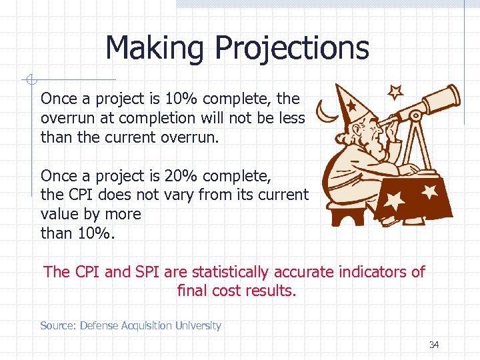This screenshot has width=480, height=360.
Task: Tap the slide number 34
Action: (x=434, y=345)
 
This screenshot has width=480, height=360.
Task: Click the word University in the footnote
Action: (x=198, y=326)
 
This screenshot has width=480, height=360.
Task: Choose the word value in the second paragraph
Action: (x=57, y=214)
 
